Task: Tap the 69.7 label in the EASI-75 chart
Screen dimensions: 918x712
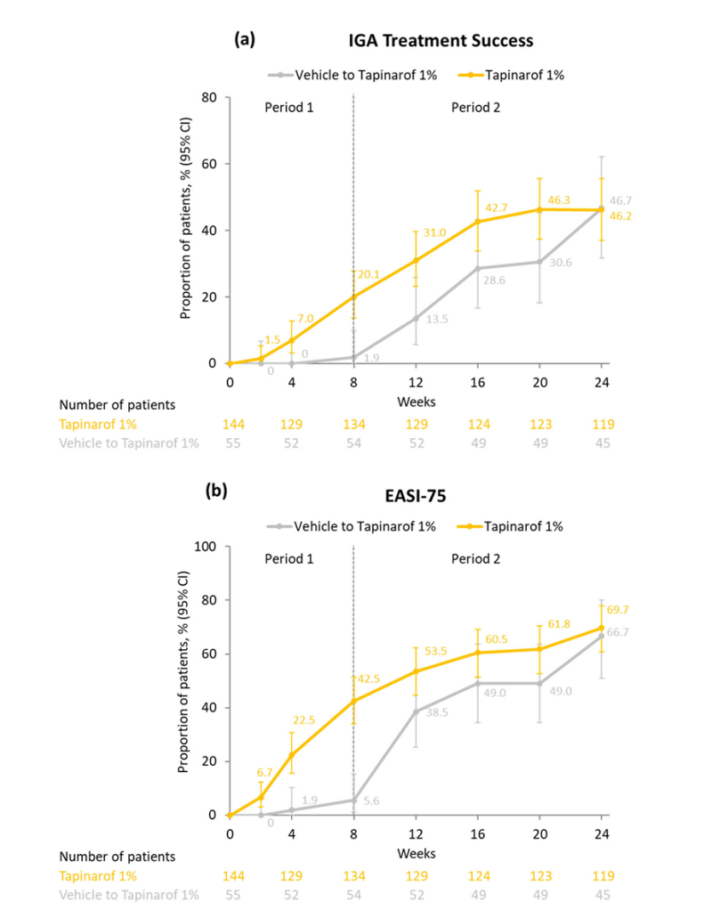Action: [620, 612]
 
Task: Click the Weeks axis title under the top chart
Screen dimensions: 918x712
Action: [416, 402]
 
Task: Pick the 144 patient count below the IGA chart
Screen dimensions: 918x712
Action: [231, 426]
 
